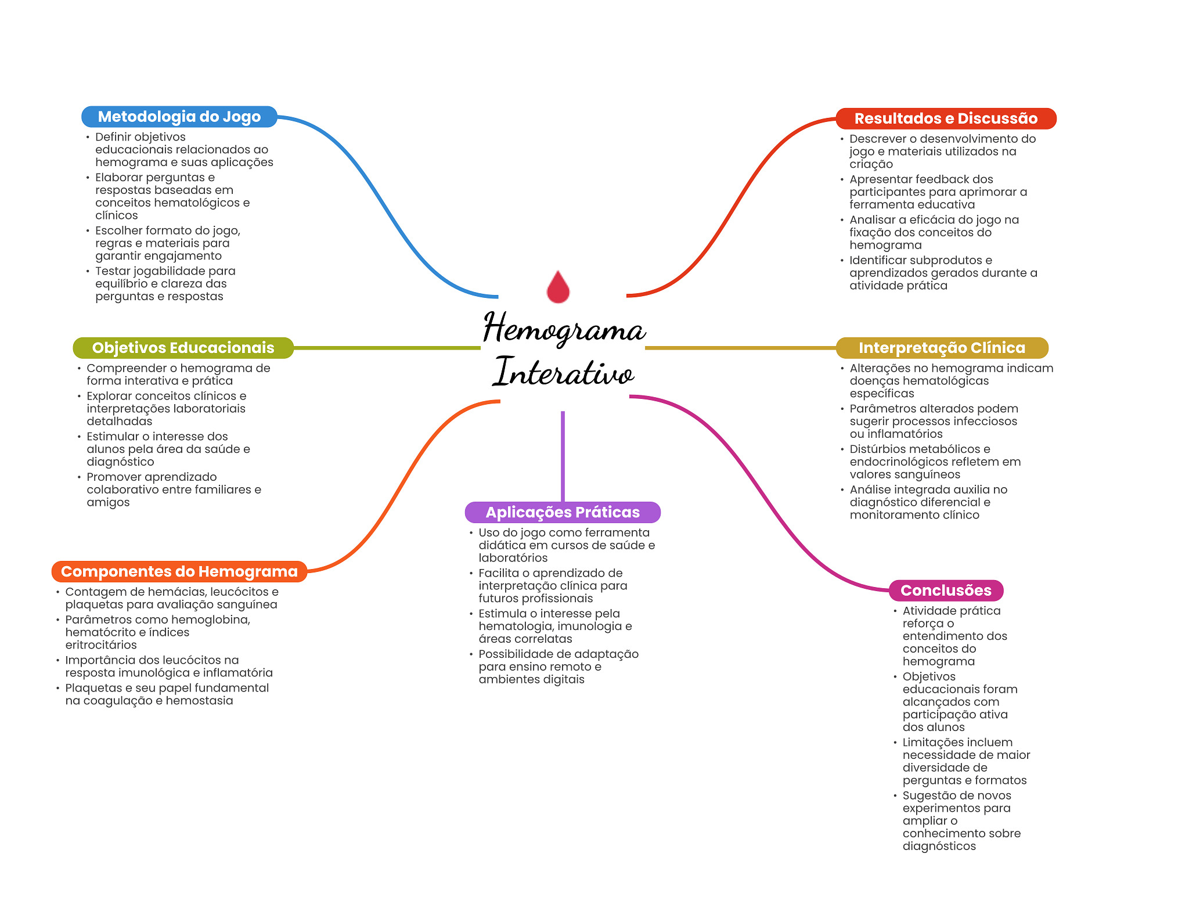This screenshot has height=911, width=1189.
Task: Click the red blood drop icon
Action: [558, 287]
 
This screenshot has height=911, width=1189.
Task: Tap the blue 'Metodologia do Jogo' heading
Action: [179, 117]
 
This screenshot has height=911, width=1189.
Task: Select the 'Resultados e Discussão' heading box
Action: [946, 118]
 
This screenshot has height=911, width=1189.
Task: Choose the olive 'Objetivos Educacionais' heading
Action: [183, 348]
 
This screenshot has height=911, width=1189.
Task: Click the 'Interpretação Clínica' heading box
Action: [942, 348]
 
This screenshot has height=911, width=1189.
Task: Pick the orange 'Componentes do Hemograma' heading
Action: [179, 571]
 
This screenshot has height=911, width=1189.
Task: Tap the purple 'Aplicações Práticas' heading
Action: [563, 512]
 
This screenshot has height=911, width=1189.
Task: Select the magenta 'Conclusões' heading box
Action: [946, 590]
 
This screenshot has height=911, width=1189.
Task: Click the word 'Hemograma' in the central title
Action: [564, 329]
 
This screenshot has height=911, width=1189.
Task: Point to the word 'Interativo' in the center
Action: [564, 372]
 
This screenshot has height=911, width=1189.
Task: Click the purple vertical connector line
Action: [563, 456]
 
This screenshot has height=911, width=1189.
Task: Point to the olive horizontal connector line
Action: [387, 348]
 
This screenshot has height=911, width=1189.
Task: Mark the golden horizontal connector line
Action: [740, 348]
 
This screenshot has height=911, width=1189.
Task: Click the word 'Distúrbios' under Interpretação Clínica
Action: [879, 449]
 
